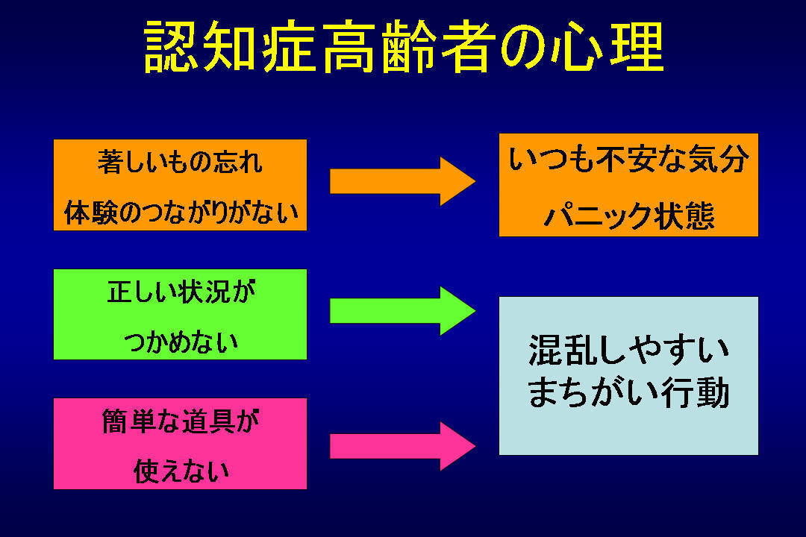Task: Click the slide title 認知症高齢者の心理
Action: tap(404, 46)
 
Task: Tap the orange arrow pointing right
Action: tap(402, 181)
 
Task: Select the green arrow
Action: tap(402, 311)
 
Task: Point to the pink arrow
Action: tap(402, 446)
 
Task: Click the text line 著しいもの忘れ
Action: tap(180, 162)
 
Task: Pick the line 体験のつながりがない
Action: tap(181, 213)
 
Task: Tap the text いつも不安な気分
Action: tap(628, 159)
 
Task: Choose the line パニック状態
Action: tap(629, 216)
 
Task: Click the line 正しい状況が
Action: tap(181, 292)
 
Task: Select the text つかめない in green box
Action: tap(181, 342)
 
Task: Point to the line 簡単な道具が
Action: tap(181, 421)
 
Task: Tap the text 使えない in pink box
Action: tap(181, 471)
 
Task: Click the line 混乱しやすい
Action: tap(628, 351)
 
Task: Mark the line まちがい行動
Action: tap(628, 392)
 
